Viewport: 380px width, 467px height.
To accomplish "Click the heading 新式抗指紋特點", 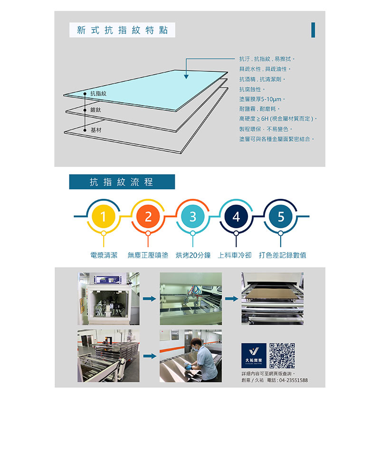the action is pyautogui.click(x=122, y=30).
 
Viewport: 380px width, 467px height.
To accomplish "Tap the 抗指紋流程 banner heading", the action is pyautogui.click(x=122, y=182).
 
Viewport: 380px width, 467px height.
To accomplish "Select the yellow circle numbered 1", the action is pyautogui.click(x=103, y=216).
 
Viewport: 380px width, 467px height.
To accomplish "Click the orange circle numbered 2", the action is pyautogui.click(x=148, y=216).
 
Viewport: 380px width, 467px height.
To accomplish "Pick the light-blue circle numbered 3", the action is pyautogui.click(x=192, y=216).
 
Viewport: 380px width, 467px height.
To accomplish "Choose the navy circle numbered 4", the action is pyautogui.click(x=236, y=216).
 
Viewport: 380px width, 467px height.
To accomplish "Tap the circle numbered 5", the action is pyautogui.click(x=281, y=216).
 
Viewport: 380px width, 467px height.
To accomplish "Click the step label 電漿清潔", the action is pyautogui.click(x=104, y=255).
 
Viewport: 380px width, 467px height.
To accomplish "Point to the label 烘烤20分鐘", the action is pyautogui.click(x=193, y=255).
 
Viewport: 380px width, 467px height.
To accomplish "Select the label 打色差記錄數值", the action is pyautogui.click(x=283, y=255).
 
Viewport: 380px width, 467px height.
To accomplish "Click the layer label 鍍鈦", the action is pyautogui.click(x=96, y=110).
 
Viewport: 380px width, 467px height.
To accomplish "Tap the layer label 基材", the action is pyautogui.click(x=96, y=130).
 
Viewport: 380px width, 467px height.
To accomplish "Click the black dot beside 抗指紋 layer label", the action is pyautogui.click(x=85, y=94).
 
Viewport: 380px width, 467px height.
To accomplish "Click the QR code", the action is pyautogui.click(x=282, y=356).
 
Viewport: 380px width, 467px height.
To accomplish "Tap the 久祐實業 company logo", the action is pyautogui.click(x=254, y=356).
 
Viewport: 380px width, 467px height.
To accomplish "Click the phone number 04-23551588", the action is pyautogui.click(x=294, y=380).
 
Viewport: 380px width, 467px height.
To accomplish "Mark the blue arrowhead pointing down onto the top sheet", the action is pyautogui.click(x=186, y=77).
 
